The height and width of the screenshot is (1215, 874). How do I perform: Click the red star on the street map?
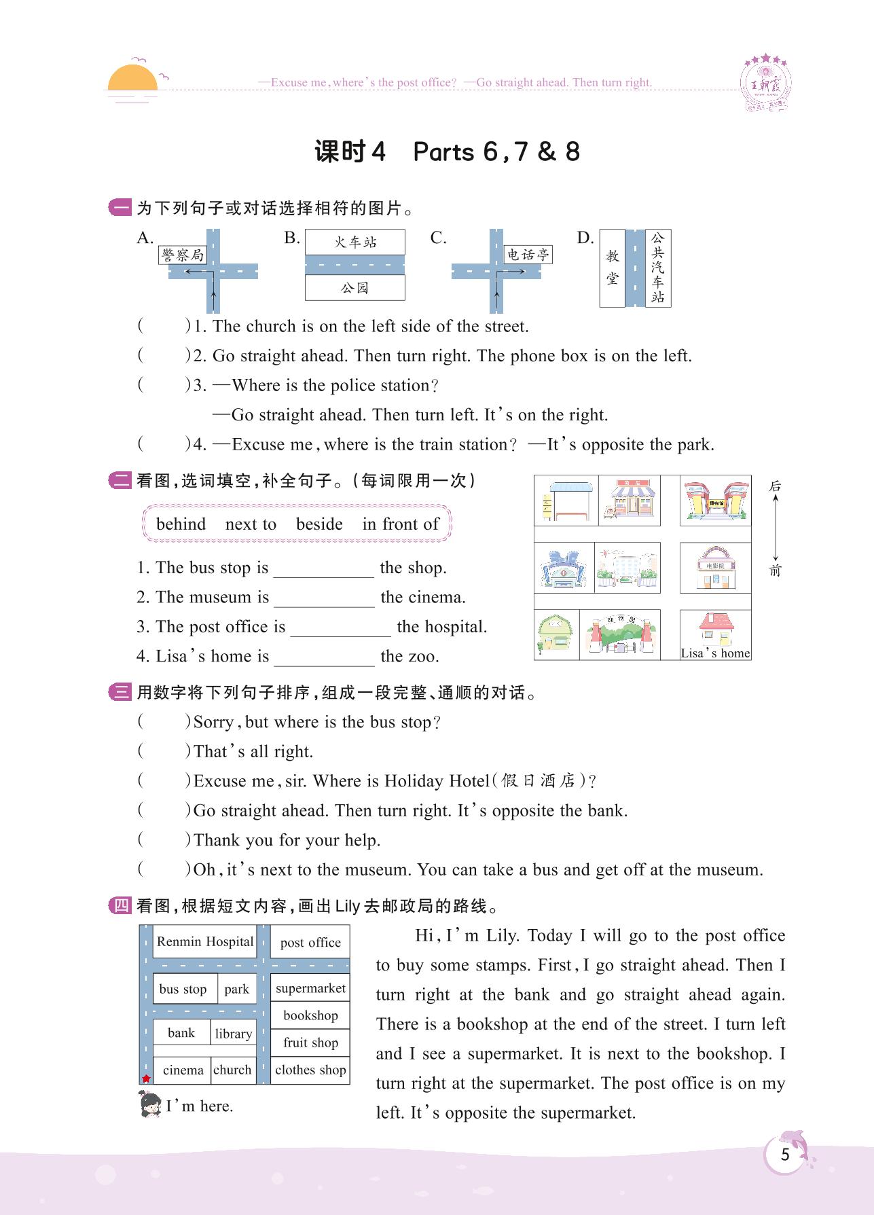146,1078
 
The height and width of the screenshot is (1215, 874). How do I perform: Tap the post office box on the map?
310,942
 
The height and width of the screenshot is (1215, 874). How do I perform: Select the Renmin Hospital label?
204,941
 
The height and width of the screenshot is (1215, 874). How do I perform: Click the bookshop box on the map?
310,1015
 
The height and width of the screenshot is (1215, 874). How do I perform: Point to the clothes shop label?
310,1070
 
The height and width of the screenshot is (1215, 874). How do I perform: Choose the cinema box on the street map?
183,1070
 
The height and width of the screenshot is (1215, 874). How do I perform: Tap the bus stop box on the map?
183,989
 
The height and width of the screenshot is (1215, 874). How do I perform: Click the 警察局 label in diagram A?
182,255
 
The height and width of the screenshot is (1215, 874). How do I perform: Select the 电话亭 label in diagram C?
528,255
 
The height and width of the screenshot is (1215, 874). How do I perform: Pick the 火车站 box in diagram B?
354,242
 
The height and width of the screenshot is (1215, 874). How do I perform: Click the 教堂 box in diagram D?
613,268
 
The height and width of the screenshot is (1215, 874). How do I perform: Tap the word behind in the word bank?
181,524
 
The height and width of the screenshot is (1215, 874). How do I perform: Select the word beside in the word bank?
319,524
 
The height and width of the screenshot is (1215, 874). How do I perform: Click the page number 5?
785,1155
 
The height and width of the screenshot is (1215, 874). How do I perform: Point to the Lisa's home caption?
715,653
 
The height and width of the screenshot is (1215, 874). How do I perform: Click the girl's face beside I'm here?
149,1105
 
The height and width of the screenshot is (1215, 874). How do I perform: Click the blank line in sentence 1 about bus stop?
323,569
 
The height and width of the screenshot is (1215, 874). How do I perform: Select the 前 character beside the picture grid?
775,570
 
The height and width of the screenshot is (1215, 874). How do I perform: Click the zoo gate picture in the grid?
619,634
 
